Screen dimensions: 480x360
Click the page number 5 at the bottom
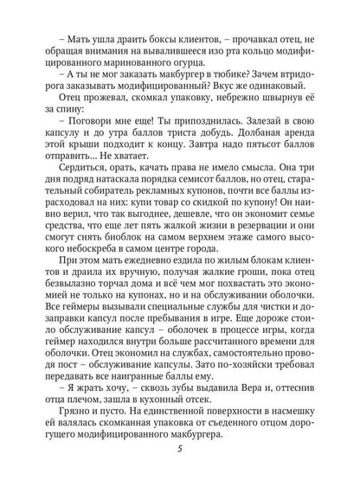click(x=180, y=458)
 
